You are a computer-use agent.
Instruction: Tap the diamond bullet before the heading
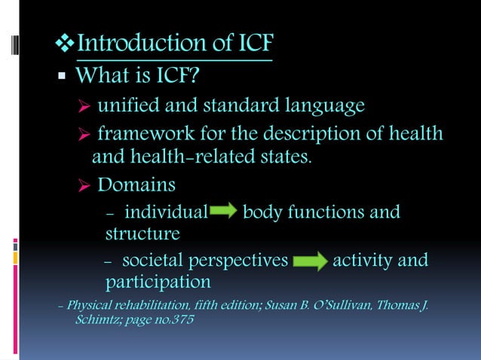tap(66, 44)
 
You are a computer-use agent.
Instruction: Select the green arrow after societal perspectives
tap(309, 262)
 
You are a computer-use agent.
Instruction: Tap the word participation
tap(158, 282)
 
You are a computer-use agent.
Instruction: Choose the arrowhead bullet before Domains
tap(84, 185)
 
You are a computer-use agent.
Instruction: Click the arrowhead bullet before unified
tap(84, 105)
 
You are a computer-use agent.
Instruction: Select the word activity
tap(365, 261)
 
